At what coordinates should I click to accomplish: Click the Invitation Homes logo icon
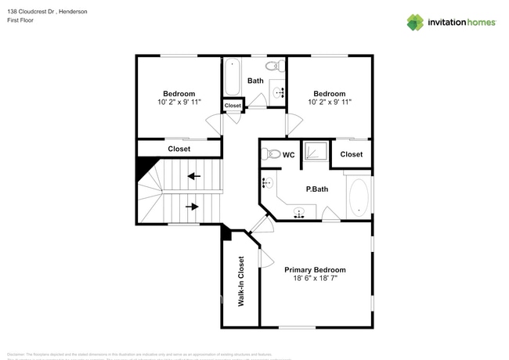tap(415, 22)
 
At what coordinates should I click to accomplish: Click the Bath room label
tap(255, 81)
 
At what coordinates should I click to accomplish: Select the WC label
tap(288, 155)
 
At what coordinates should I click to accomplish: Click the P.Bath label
tap(316, 189)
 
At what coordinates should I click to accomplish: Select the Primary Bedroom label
tap(315, 270)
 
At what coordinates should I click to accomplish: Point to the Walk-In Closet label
tap(241, 280)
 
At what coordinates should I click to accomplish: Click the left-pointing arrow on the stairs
tap(193, 175)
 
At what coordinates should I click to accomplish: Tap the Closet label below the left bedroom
tap(179, 149)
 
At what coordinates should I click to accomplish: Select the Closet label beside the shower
tap(352, 154)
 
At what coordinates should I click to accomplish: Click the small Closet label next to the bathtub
tap(233, 106)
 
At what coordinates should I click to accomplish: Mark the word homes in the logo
tap(478, 22)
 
